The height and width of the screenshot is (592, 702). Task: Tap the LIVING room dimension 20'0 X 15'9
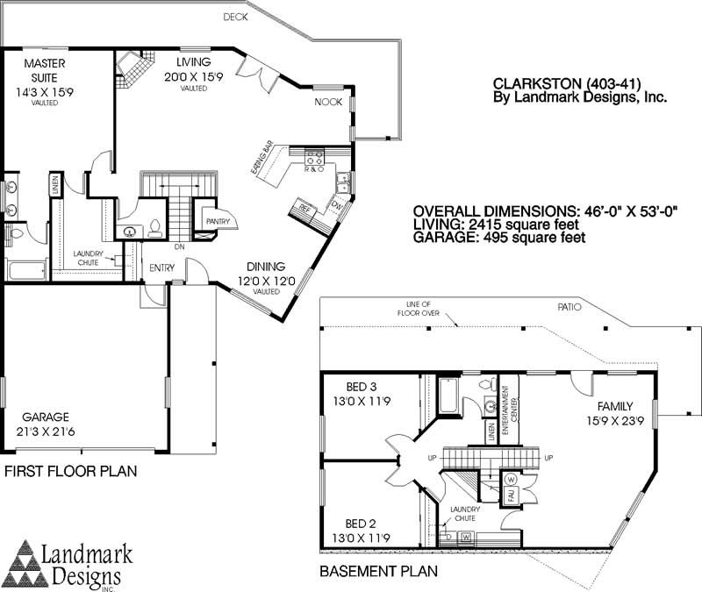tap(193, 76)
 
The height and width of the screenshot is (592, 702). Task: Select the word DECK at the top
tap(235, 17)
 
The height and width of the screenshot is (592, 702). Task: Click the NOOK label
tap(328, 103)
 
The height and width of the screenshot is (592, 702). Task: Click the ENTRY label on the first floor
tap(161, 267)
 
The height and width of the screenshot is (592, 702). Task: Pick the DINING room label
tap(265, 267)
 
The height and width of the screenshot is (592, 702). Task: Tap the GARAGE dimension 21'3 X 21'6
tap(46, 432)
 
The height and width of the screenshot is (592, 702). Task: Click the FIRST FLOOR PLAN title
tap(70, 472)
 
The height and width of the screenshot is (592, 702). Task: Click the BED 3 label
tap(362, 387)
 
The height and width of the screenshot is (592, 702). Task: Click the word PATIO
tap(570, 307)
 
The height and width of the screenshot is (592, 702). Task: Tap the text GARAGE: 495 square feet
tap(499, 237)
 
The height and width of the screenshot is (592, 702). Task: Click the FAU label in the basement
tap(509, 496)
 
